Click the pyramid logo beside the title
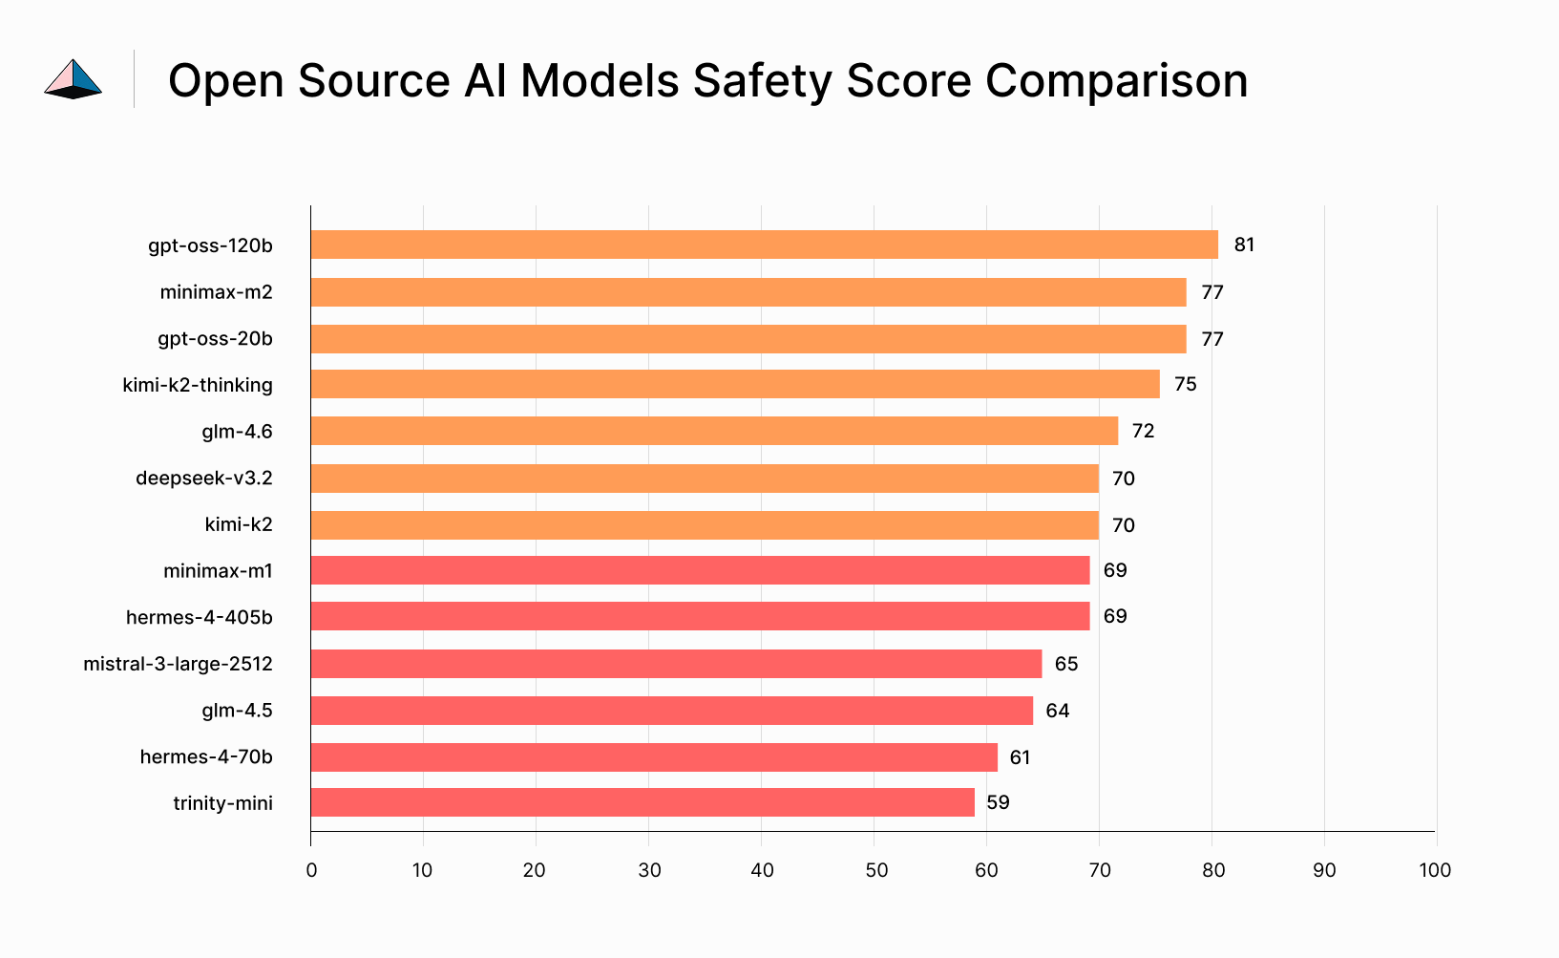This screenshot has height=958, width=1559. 74,79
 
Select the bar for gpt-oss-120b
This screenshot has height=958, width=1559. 764,245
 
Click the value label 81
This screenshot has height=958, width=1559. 1244,245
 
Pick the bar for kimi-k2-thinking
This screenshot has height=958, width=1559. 735,384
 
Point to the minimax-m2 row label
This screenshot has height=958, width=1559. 216,292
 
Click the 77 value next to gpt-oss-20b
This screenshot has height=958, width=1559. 1212,339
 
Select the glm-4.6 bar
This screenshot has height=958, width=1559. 714,431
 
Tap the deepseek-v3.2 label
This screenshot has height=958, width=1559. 203,478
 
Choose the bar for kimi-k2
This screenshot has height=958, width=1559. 705,525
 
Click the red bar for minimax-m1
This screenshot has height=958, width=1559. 700,570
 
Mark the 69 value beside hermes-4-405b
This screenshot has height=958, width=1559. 1115,616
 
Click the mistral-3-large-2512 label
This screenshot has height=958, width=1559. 178,664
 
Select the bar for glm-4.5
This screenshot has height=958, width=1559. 671,711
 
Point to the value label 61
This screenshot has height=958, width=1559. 1020,757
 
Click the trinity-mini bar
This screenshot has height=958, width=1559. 643,802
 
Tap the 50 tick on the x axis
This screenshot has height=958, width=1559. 875,870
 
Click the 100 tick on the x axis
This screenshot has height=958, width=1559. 1435,870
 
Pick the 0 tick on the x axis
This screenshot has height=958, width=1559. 311,870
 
